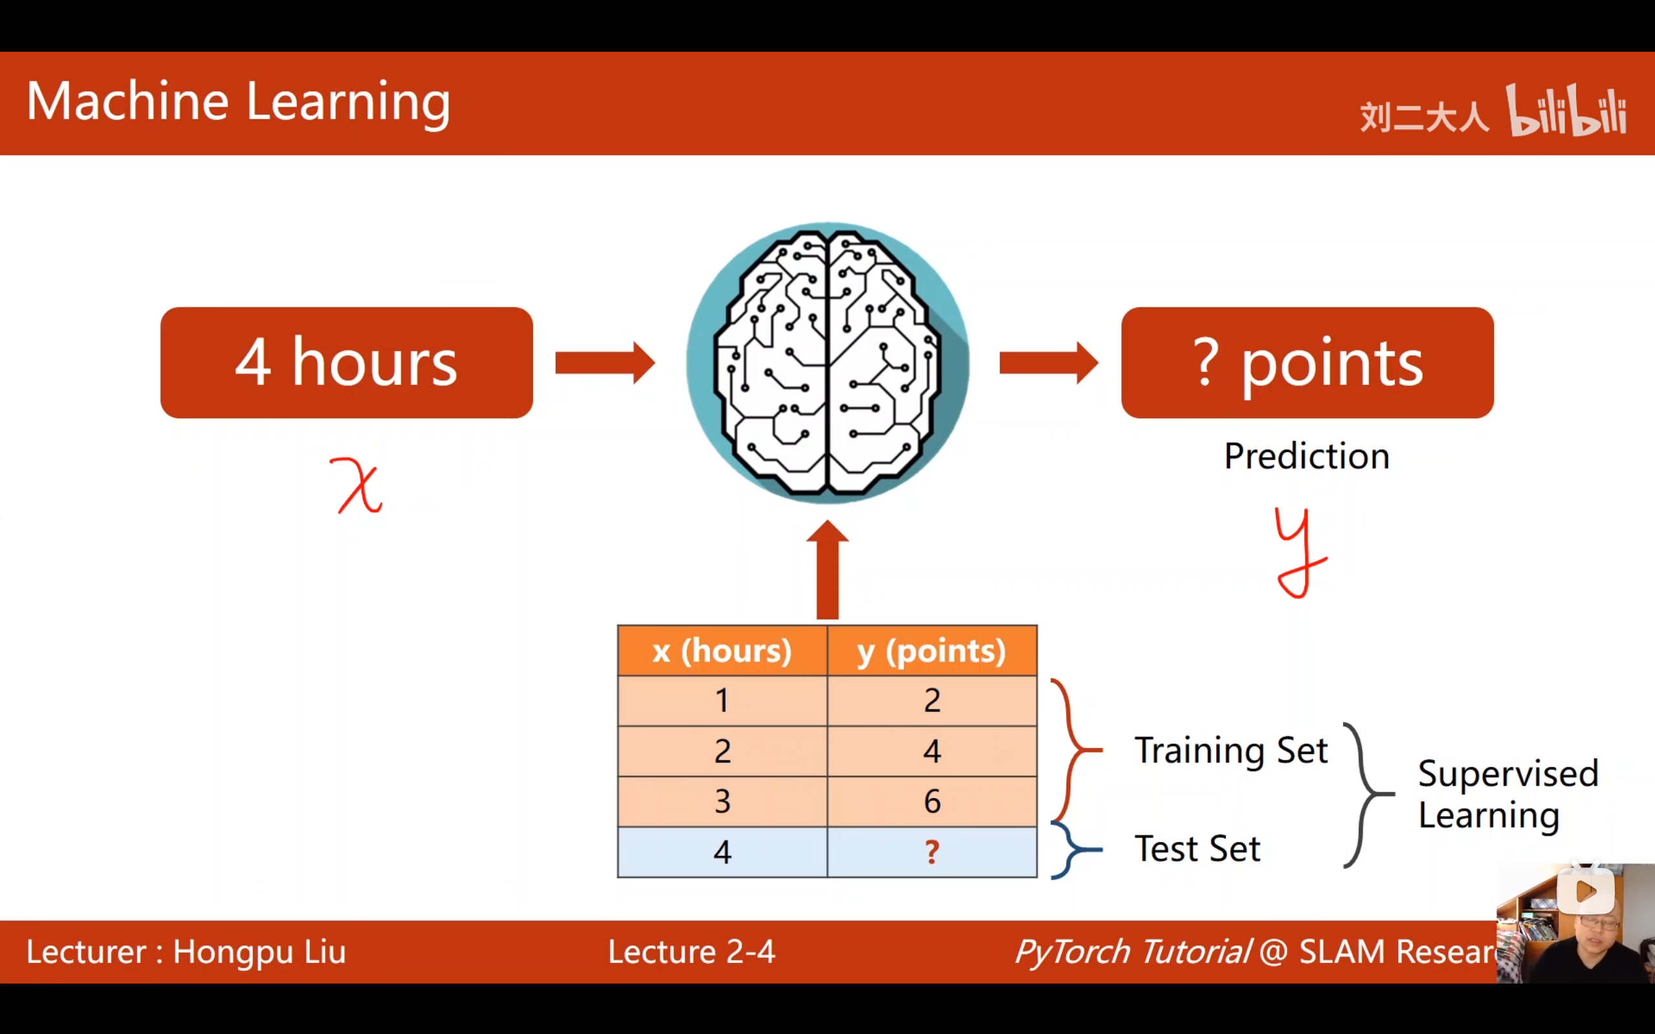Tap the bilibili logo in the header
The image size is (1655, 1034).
[1566, 111]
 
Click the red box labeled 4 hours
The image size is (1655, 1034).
[346, 362]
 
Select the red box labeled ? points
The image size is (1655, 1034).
[1307, 362]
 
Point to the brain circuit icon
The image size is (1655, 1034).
[828, 362]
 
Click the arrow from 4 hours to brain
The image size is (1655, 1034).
[605, 362]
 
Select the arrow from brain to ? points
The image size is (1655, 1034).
[1048, 362]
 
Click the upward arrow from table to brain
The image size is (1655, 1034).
[828, 570]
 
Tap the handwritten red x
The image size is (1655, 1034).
[357, 485]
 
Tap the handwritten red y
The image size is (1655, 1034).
[1299, 552]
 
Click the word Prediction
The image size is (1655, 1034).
[1306, 456]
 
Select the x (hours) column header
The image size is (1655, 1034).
[722, 651]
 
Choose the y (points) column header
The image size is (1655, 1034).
[932, 651]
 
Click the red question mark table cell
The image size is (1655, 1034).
[932, 852]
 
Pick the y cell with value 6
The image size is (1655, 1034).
[932, 801]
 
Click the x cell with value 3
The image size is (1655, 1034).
[722, 801]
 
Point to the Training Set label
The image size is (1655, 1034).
[1231, 750]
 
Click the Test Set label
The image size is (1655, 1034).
[1198, 849]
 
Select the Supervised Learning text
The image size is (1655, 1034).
[1508, 794]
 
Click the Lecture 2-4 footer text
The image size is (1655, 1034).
[691, 952]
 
